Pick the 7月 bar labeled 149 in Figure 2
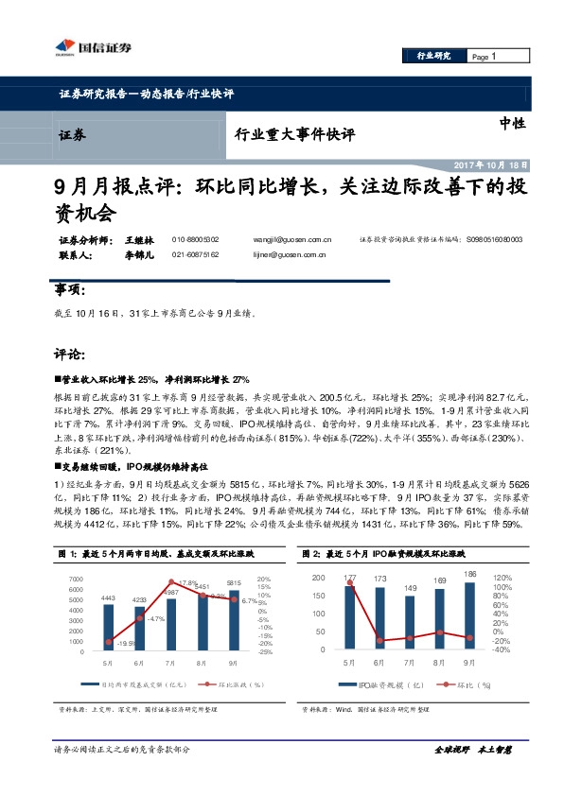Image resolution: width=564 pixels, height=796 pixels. click(410, 623)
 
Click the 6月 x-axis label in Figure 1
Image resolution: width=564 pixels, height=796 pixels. click(139, 666)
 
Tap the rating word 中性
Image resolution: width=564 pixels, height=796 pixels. click(512, 123)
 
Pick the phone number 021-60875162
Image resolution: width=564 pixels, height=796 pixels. click(196, 254)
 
